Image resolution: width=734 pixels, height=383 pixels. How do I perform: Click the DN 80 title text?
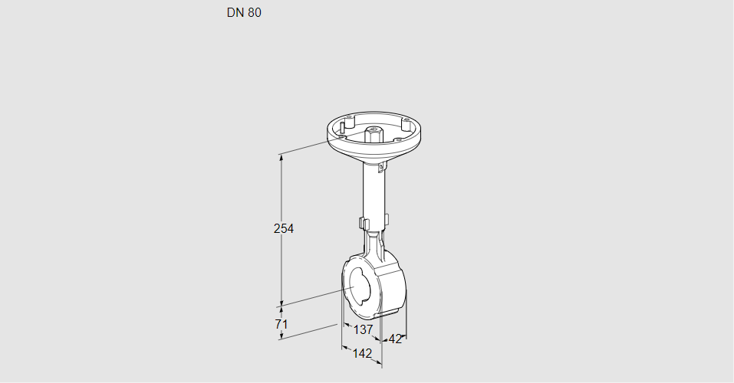(x=244, y=13)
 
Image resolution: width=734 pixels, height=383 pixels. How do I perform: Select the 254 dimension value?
(x=285, y=228)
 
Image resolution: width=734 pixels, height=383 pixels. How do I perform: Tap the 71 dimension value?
(x=281, y=324)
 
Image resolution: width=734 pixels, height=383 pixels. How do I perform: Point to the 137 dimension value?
(x=363, y=329)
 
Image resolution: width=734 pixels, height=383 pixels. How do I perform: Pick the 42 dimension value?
(x=395, y=339)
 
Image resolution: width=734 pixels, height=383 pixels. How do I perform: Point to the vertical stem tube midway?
(x=374, y=191)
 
